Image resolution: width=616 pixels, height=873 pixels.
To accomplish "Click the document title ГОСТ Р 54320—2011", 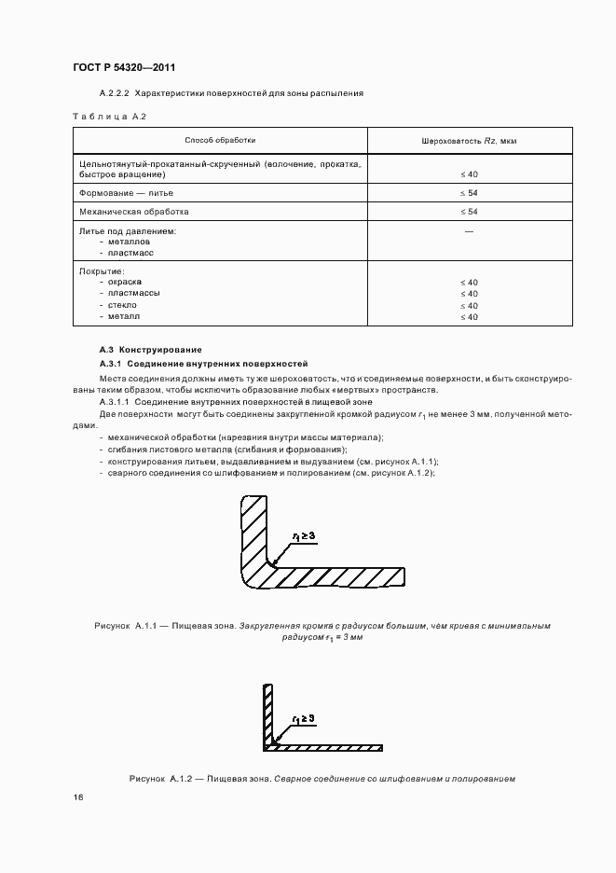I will pos(124,68).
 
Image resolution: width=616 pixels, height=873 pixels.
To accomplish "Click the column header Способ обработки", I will pos(220,140).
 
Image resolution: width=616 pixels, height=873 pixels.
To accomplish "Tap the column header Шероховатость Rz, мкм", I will pos(469,140).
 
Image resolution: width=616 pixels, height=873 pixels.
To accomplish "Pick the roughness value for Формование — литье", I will pos(469,192).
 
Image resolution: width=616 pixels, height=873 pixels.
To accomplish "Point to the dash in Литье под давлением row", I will pos(469,229).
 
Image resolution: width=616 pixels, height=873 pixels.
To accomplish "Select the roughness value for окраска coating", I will pos(469,282).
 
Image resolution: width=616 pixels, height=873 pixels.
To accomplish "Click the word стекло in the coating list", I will pos(122,305).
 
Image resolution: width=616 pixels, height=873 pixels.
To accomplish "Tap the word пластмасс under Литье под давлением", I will pos(130,253).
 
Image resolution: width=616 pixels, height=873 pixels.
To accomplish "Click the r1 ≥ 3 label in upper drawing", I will pos(304,535).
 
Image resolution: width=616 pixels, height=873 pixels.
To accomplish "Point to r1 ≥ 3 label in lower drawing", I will pos(304,718).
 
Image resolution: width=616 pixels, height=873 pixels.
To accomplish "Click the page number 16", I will pos(78,798).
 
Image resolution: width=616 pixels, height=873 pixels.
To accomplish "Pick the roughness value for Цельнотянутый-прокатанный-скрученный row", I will pos(469,174).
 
